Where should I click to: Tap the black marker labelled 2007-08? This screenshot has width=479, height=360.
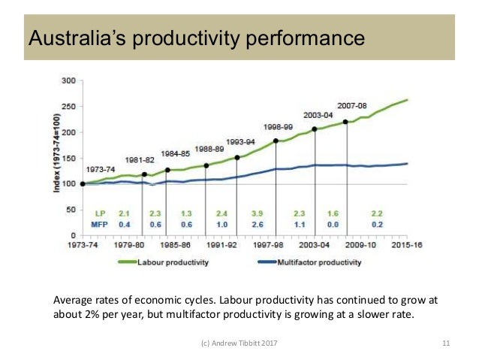(345, 122)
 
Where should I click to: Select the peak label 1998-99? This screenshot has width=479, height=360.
(278, 126)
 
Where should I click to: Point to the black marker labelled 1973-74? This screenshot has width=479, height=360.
(83, 183)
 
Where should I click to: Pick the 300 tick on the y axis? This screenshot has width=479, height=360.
(68, 80)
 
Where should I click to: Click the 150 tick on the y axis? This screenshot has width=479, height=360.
(68, 158)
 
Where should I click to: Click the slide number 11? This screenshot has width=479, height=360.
(445, 343)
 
